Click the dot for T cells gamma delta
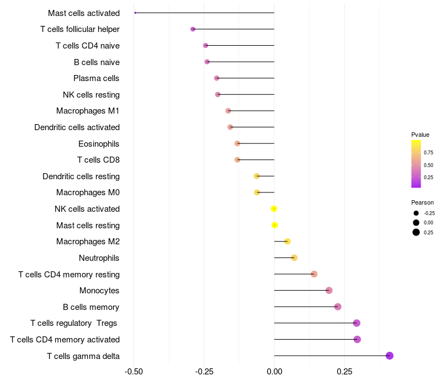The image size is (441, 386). tap(390, 356)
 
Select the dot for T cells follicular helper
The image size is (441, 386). tap(193, 29)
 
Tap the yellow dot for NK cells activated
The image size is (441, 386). tap(274, 209)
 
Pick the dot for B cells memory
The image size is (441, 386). tap(338, 307)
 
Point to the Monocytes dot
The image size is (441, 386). tap(329, 291)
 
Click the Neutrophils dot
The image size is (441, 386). tap(294, 258)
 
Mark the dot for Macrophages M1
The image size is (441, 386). tap(228, 111)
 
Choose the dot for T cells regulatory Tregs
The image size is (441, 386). tap(357, 323)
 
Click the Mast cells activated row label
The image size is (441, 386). tap(84, 13)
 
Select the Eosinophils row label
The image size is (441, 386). tap(99, 144)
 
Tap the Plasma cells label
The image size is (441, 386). tap(96, 78)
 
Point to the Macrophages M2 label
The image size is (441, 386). tap(88, 242)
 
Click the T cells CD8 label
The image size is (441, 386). tap(99, 160)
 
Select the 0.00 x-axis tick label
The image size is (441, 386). tap(274, 372)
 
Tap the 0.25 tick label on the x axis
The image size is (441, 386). tap(345, 372)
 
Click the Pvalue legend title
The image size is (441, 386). tap(420, 135)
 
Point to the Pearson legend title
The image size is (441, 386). tap(422, 202)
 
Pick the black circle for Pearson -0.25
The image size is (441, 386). tap(416, 213)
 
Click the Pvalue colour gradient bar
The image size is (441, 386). tap(416, 164)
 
